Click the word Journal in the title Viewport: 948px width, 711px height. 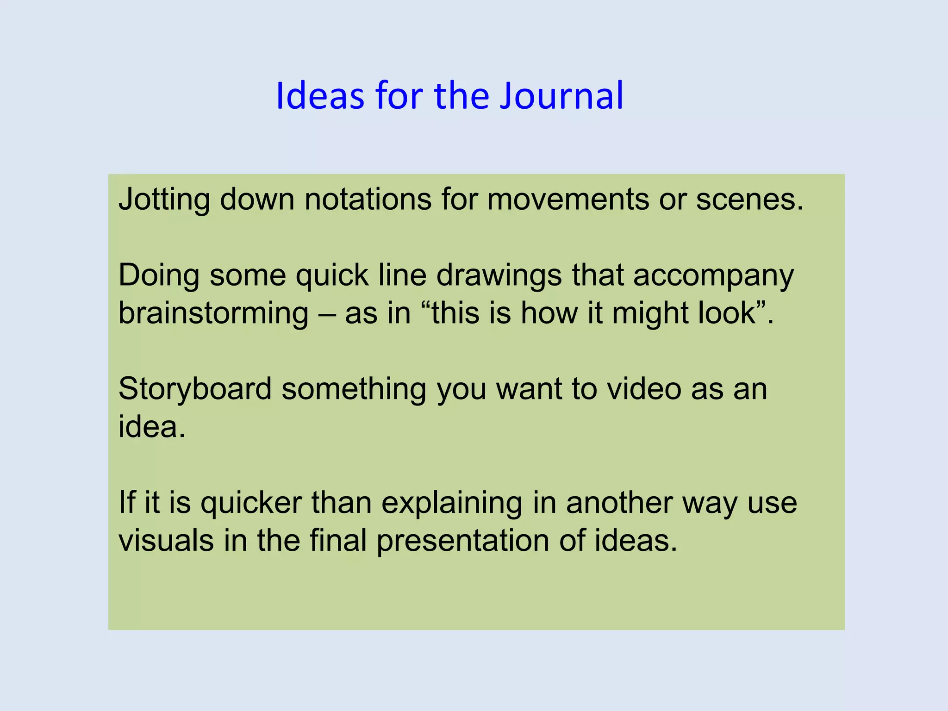561,96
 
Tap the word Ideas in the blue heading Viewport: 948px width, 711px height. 320,96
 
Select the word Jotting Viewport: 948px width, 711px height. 164,200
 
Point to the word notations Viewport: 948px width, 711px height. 368,200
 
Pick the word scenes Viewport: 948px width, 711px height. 749,200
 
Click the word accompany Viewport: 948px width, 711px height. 713,276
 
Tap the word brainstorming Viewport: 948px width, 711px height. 213,314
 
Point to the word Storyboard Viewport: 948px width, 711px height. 195,389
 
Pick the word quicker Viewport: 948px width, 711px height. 251,503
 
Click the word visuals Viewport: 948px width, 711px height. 166,540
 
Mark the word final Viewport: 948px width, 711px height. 338,540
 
